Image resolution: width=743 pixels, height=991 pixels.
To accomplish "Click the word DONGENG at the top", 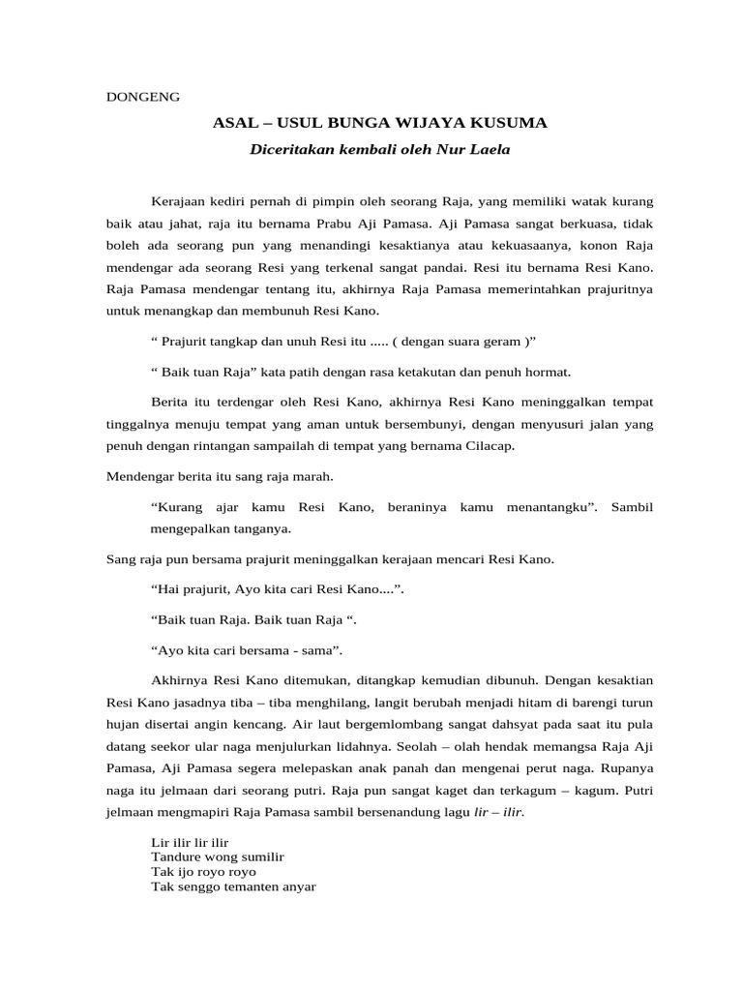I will (141, 97).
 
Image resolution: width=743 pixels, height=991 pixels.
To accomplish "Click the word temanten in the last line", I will (243, 886).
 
